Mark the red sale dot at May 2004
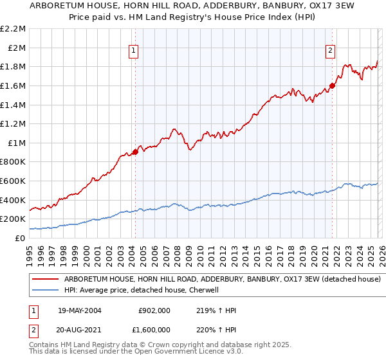click(x=135, y=152)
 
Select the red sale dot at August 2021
click(x=333, y=85)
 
